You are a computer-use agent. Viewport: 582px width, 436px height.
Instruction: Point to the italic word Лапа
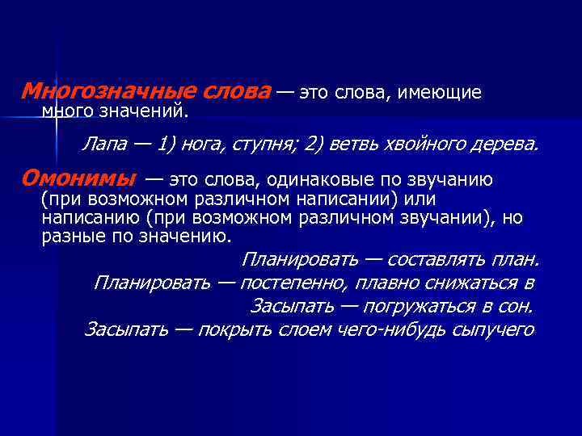(102, 145)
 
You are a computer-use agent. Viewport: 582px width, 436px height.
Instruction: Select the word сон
(515, 307)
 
